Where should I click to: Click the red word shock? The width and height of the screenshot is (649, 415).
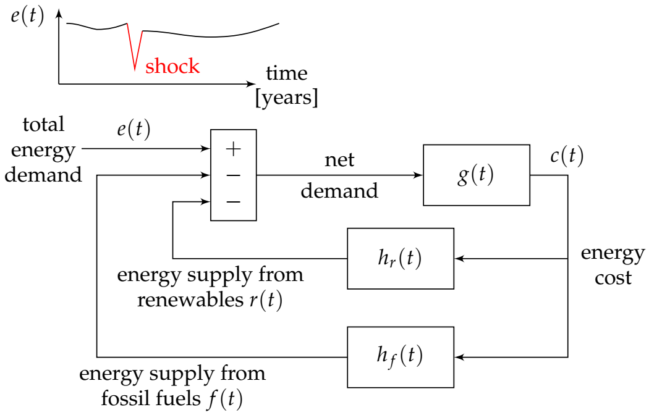pos(172,66)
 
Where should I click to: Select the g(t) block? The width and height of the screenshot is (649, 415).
pos(476,175)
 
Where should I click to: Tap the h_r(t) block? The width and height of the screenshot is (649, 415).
pos(400,259)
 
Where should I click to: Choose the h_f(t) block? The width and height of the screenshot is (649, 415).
pos(400,357)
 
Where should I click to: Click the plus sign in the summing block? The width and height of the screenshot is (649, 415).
pos(233,149)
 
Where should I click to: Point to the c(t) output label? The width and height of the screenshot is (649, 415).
pos(566,156)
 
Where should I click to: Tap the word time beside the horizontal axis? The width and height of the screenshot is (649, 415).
pos(286,73)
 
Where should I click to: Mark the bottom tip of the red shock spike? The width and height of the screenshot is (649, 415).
pos(135,69)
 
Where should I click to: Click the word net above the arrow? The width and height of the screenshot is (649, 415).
pos(339,160)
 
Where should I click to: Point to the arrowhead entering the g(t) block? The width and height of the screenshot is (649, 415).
pos(419,175)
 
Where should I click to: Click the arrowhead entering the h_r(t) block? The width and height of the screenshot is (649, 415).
pos(457,259)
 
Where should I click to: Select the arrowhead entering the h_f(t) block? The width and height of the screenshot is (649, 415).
pos(457,357)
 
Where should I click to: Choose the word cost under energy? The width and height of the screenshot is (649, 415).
pos(613,278)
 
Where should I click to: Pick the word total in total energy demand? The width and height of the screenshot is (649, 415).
pos(43,125)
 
